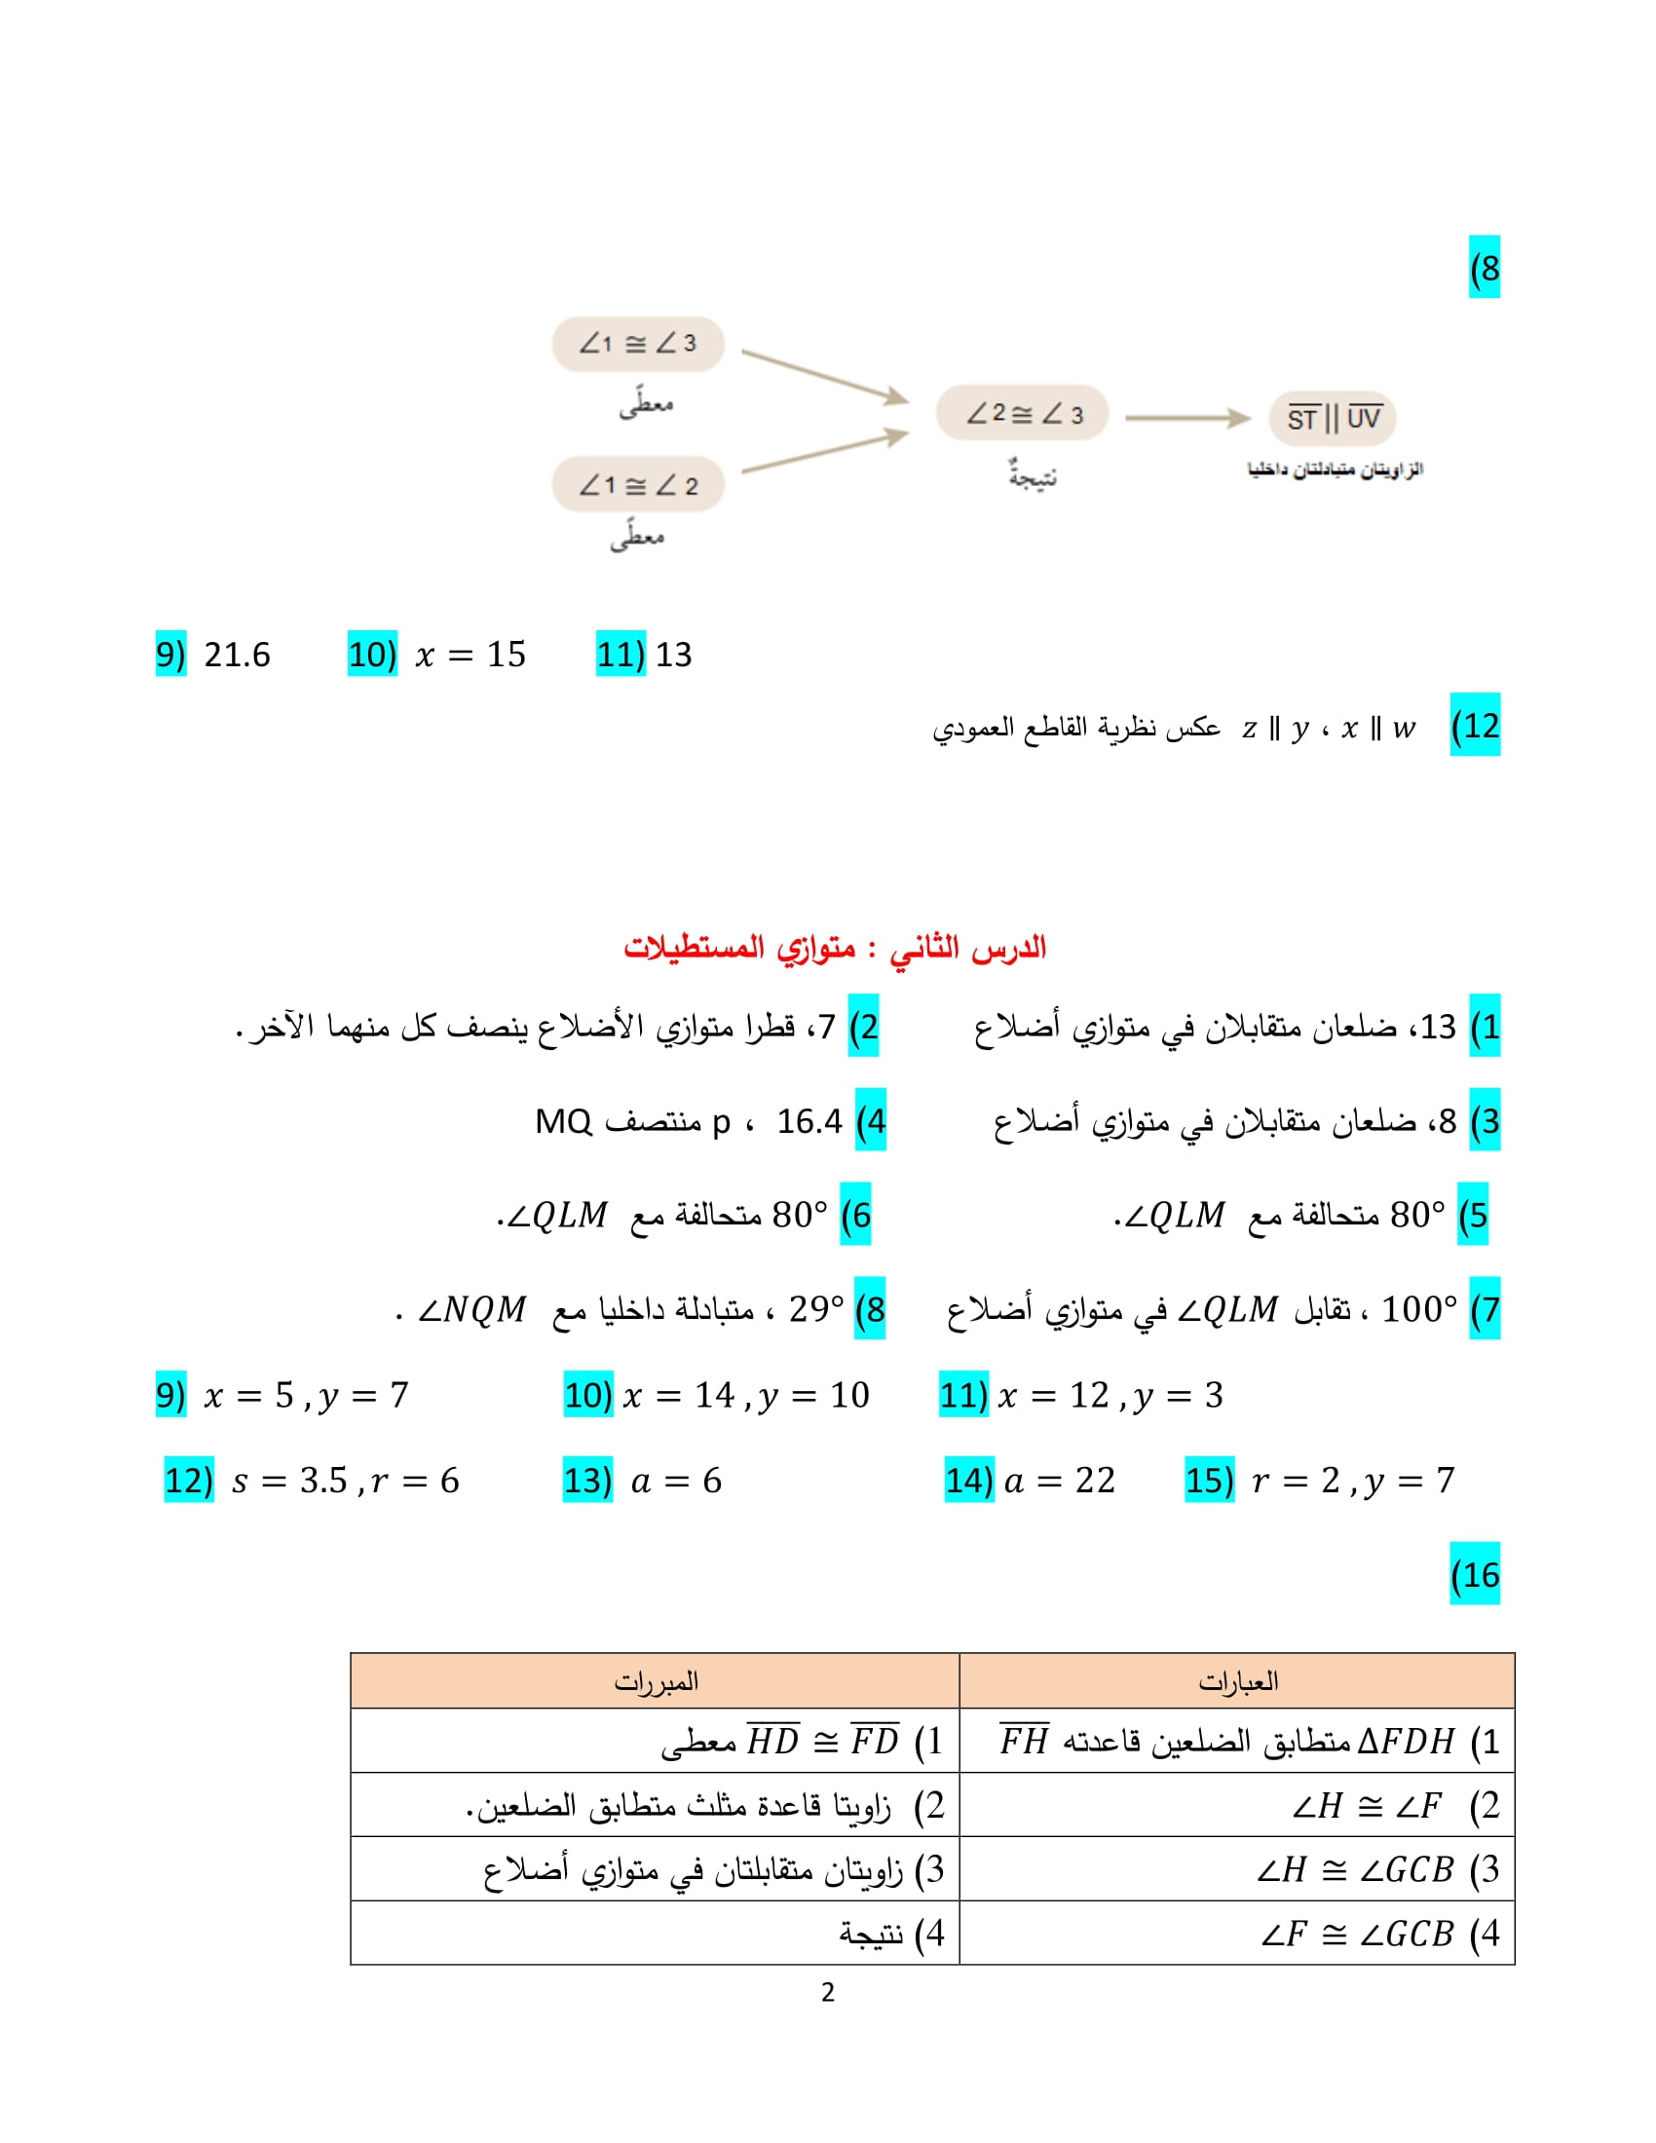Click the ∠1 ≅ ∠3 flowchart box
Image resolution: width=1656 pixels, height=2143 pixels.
click(638, 344)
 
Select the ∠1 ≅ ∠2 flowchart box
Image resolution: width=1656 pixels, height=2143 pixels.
click(638, 485)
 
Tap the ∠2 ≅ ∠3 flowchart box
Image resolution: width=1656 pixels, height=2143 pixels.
click(1022, 413)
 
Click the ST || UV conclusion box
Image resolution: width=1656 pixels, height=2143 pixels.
click(1333, 419)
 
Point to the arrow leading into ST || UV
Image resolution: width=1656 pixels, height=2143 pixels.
click(1187, 418)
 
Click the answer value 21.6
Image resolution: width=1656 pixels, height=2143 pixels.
click(237, 655)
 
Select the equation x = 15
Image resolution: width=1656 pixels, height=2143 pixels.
click(470, 655)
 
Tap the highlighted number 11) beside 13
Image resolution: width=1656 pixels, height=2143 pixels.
click(620, 655)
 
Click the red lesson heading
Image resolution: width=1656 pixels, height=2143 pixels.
click(835, 947)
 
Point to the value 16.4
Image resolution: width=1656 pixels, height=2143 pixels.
click(809, 1120)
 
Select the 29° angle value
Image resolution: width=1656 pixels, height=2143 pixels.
click(815, 1309)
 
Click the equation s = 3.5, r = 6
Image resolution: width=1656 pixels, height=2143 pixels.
click(346, 1481)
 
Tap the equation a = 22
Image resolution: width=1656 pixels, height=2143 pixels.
click(1060, 1481)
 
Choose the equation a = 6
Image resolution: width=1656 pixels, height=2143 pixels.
click(676, 1481)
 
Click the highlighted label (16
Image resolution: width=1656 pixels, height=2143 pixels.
click(1475, 1575)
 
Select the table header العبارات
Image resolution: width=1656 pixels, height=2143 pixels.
click(1237, 1682)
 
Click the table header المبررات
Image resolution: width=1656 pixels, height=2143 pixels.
click(656, 1682)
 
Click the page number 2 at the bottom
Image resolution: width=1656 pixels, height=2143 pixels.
click(828, 1992)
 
